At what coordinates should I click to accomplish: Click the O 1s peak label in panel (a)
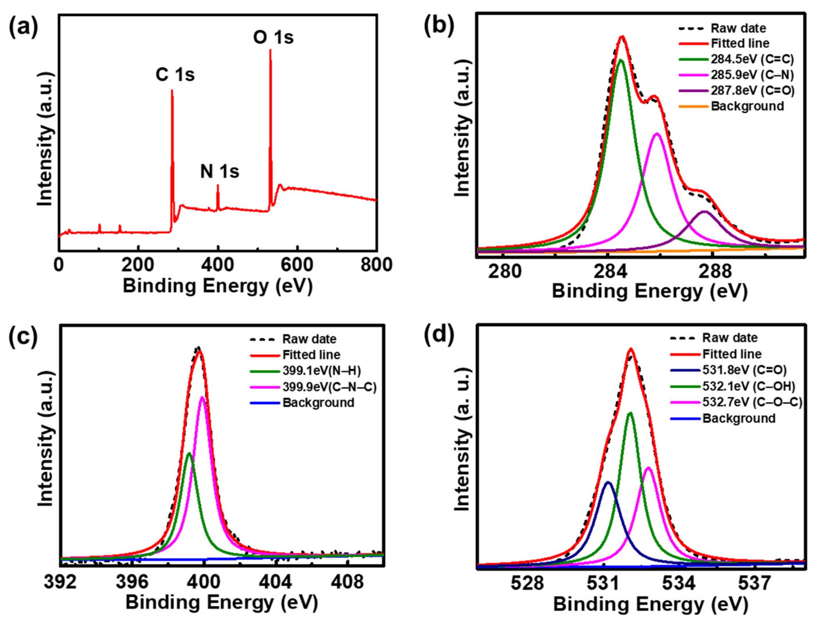click(273, 38)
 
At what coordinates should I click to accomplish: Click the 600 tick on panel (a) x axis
click(297, 265)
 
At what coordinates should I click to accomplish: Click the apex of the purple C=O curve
click(704, 211)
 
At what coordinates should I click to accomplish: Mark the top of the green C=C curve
click(621, 60)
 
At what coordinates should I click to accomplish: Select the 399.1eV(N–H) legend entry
click(321, 370)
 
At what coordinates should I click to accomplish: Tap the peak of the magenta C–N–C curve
click(203, 397)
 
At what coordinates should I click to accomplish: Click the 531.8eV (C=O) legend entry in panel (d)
click(744, 370)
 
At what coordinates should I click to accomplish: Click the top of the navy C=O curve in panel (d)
click(608, 482)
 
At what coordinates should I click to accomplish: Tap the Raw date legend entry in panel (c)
click(309, 339)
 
